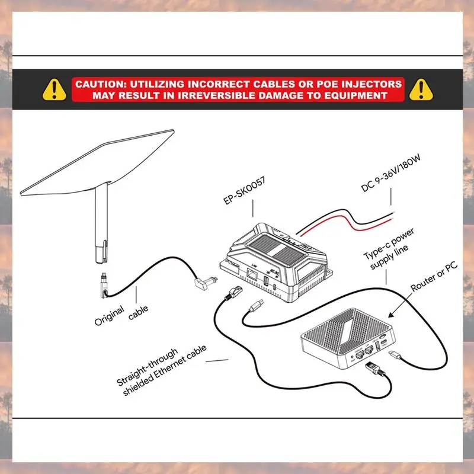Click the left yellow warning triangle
[x=55, y=89]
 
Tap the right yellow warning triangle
[x=421, y=89]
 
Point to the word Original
[x=110, y=316]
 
